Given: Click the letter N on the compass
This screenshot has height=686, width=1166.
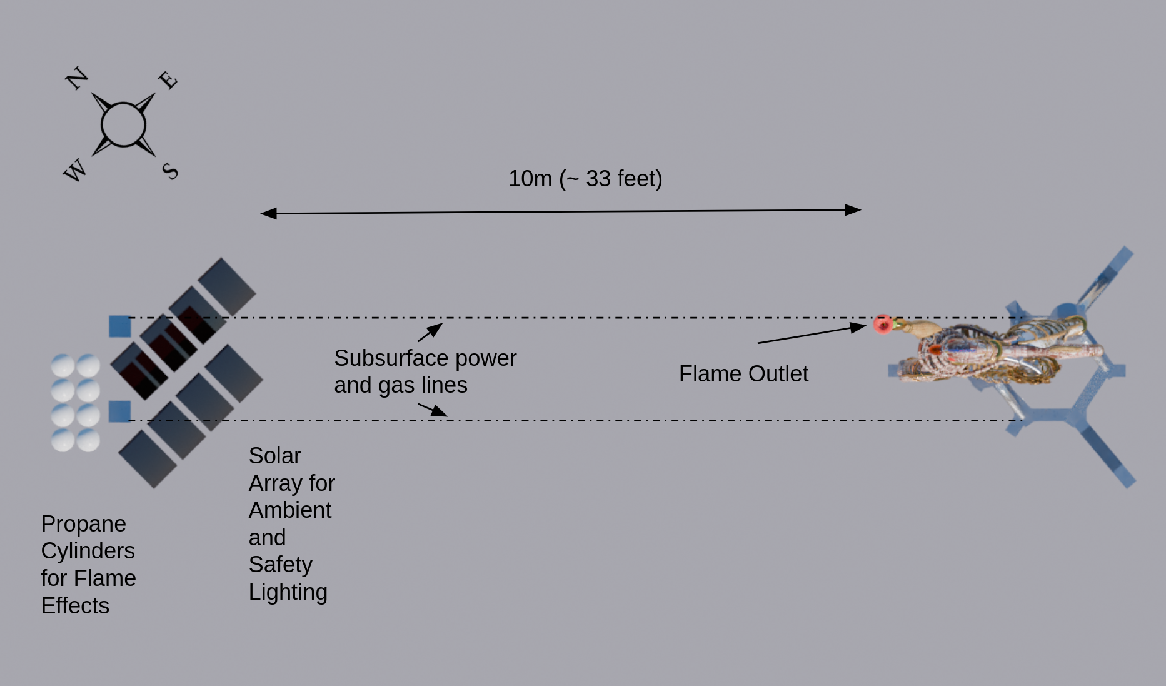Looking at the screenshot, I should (77, 78).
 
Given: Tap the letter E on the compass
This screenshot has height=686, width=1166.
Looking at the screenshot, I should (168, 80).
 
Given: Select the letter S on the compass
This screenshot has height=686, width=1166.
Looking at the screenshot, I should (170, 171).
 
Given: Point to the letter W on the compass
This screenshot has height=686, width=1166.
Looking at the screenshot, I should (75, 170).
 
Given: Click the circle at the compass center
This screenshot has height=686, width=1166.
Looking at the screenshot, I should (123, 124).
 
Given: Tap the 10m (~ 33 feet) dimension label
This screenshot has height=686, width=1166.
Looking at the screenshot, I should (585, 179).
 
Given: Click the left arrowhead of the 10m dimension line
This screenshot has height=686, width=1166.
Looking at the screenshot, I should (268, 214).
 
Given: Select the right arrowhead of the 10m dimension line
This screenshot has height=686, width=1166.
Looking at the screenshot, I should (853, 210).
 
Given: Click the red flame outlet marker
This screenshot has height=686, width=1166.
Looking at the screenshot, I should (882, 324).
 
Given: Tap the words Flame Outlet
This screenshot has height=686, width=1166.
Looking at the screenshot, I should (743, 374).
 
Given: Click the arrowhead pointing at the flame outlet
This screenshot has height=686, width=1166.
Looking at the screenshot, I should (859, 327).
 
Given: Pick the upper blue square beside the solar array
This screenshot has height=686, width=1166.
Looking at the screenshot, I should (120, 326).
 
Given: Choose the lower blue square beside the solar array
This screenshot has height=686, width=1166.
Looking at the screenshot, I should (119, 411).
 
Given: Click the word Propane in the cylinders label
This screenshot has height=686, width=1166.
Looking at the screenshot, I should (83, 524).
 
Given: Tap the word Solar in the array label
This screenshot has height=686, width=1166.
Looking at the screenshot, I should (274, 456).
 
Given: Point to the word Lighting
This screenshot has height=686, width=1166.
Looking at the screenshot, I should (288, 592).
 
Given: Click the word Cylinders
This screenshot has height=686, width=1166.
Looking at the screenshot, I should (88, 551).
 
